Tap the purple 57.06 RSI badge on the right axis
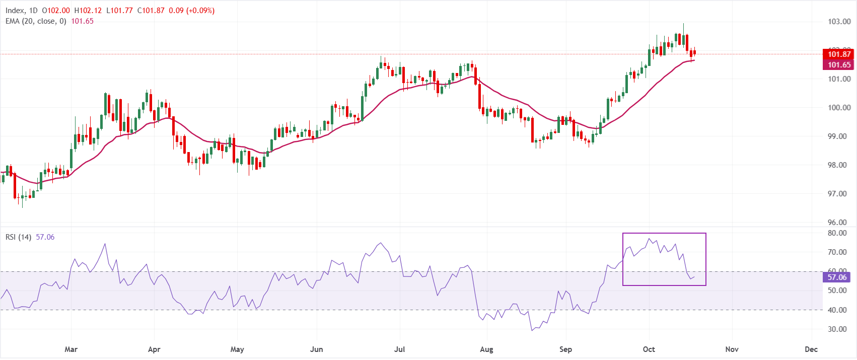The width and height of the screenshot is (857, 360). tap(836, 277)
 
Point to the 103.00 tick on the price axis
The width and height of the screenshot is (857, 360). tap(839, 22)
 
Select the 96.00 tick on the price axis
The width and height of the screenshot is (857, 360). tap(839, 222)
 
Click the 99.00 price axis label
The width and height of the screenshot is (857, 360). tap(839, 136)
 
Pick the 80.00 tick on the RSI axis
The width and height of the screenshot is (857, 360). tap(837, 233)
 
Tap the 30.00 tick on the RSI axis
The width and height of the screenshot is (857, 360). tap(837, 329)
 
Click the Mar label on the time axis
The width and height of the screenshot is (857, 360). tap(71, 349)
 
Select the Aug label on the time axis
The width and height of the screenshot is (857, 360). tap(486, 349)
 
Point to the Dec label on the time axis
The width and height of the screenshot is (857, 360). tap(811, 349)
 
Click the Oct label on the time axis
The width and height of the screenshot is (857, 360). tap(649, 349)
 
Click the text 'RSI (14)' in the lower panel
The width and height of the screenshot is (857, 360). tap(18, 237)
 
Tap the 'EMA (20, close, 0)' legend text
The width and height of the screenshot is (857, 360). tap(36, 21)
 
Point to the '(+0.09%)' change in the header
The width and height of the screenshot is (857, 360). tap(200, 11)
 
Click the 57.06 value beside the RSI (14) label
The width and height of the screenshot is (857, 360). tap(45, 237)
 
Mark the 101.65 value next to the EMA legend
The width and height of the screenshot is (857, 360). tap(82, 21)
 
